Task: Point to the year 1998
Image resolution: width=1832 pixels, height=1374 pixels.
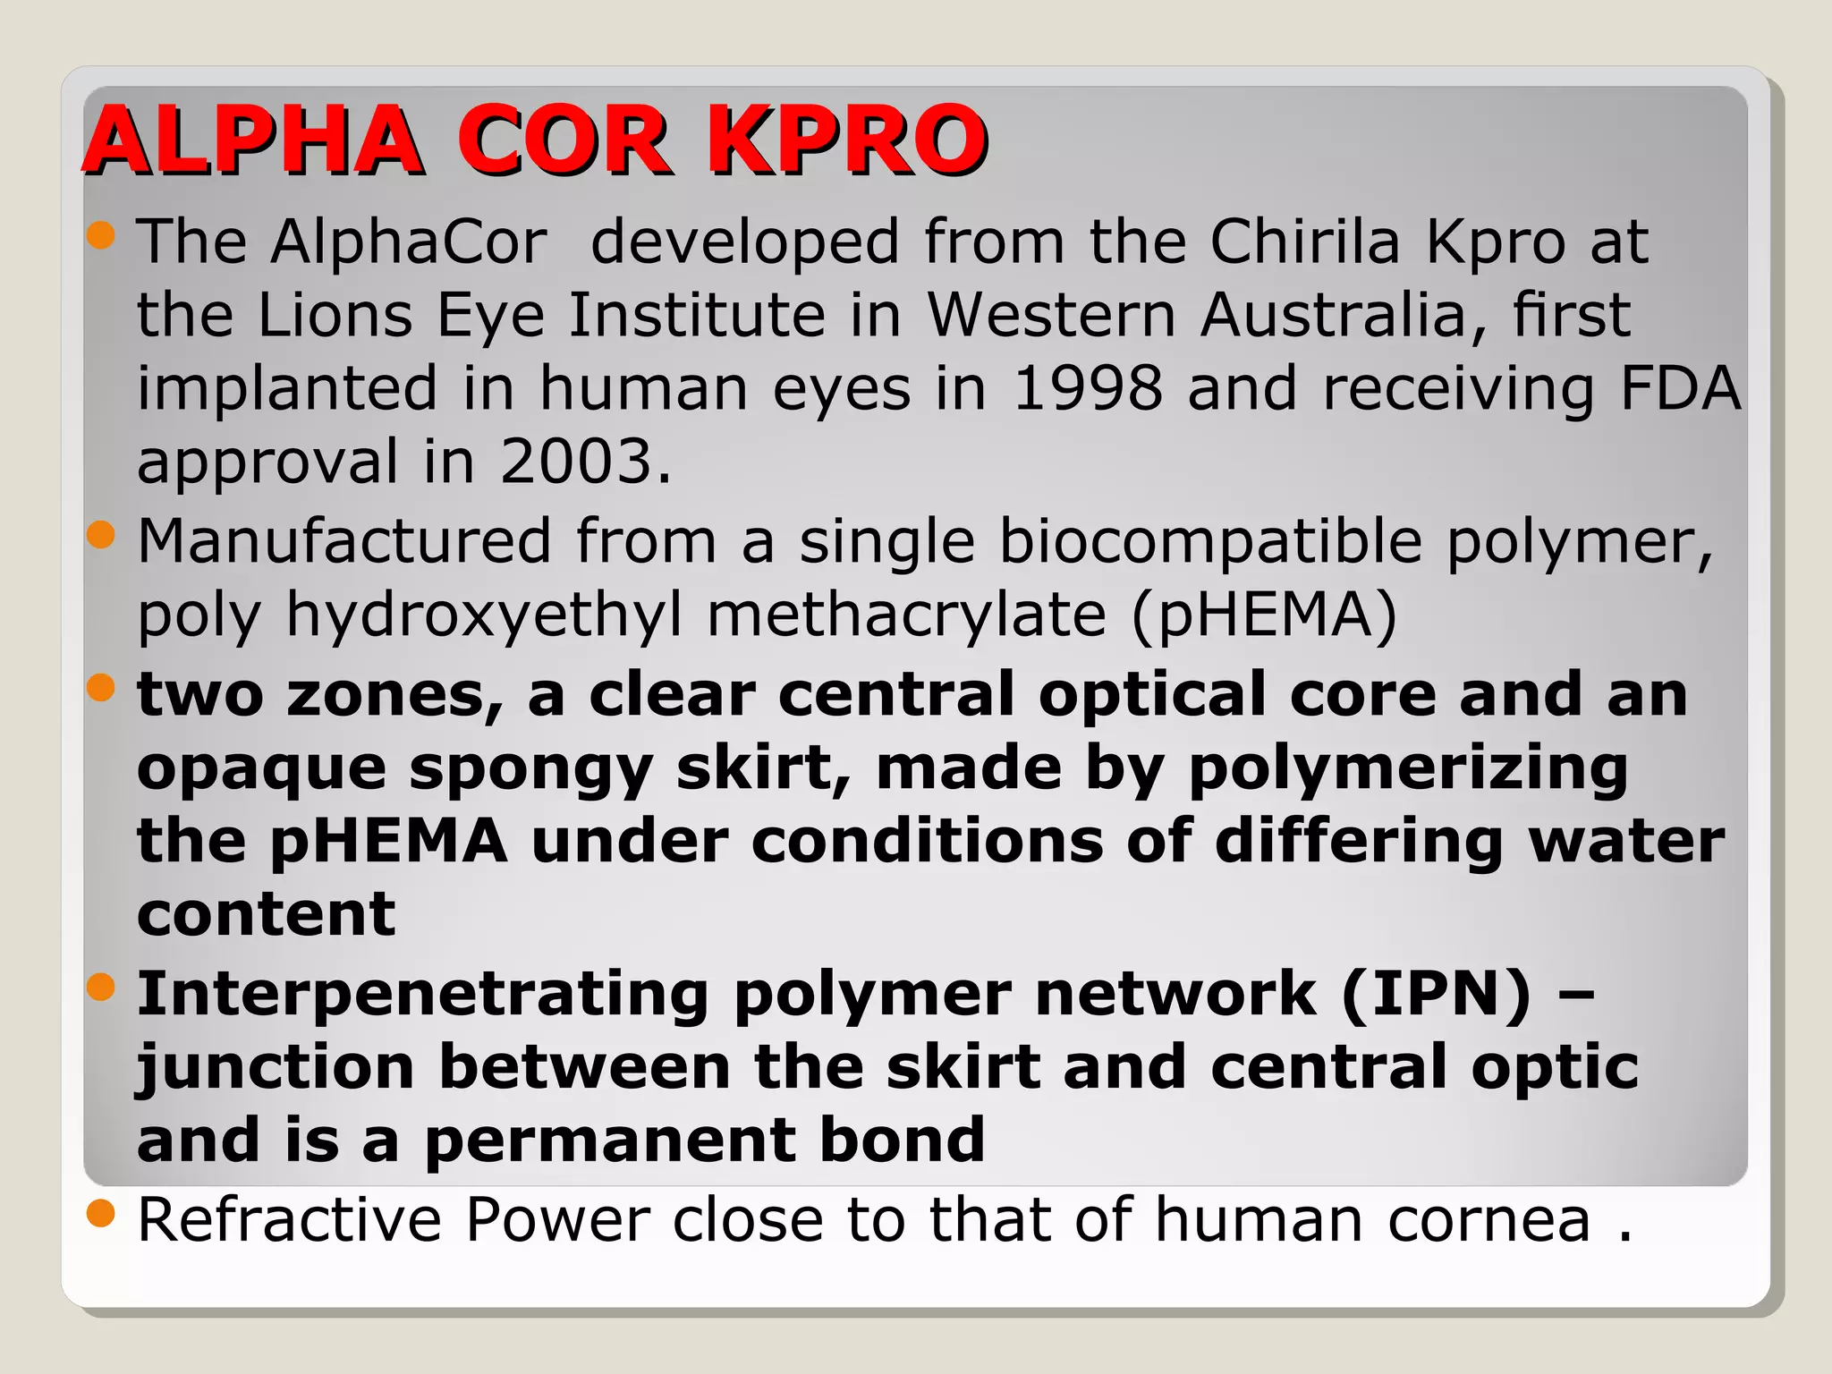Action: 1088,388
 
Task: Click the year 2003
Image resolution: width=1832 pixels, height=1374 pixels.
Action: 585,462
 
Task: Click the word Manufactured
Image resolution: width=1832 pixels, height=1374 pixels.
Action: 344,541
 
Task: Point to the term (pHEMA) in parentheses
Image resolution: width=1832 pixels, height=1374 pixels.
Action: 1264,615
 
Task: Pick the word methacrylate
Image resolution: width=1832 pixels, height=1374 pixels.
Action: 907,615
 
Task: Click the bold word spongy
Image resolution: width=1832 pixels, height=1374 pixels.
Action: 530,769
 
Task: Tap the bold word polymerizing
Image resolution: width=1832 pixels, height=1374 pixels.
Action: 1408,769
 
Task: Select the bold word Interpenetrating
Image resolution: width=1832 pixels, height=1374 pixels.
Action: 422,994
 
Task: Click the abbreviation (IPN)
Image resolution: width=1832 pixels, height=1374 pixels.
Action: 1436,994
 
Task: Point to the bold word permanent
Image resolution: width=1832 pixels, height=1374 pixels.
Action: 609,1141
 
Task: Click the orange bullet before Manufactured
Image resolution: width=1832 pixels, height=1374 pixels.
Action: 102,535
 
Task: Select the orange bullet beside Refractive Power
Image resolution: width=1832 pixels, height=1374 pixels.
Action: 102,1213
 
